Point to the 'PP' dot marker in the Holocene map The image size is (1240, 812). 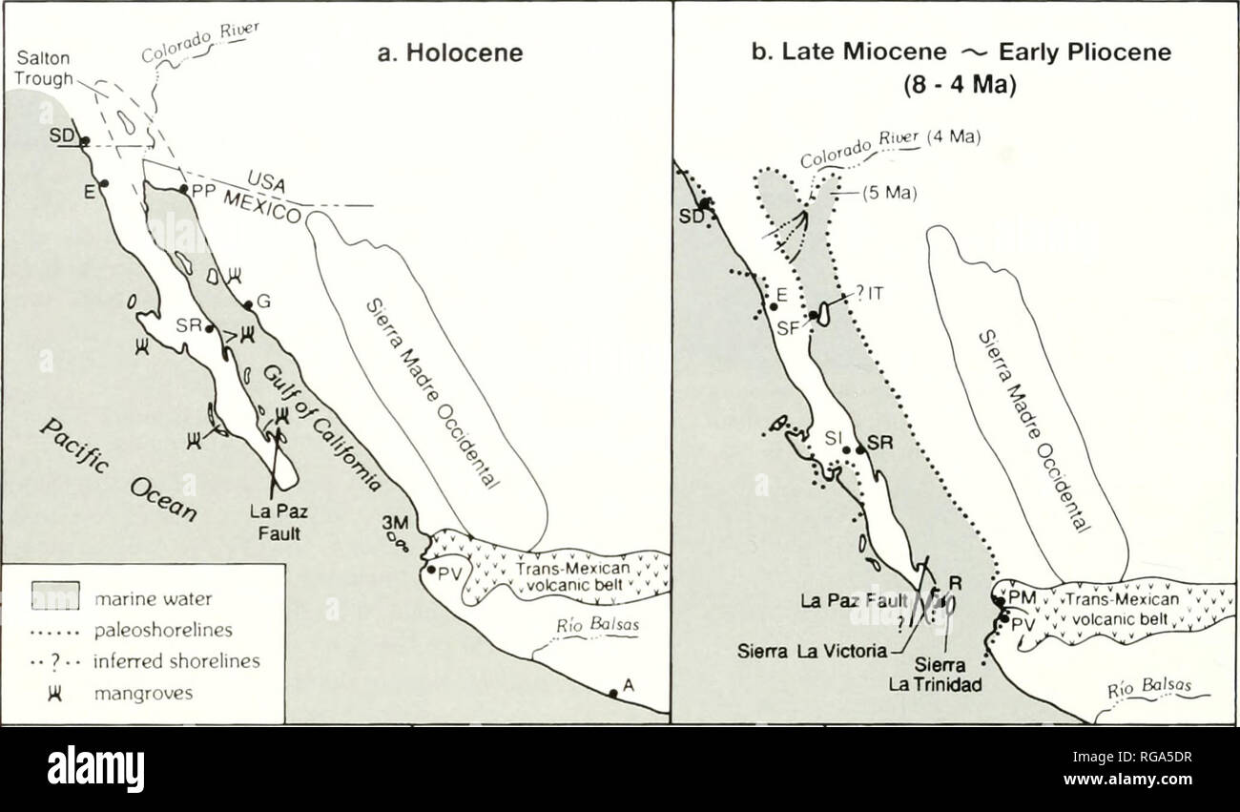(183, 189)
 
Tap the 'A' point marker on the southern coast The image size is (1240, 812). (611, 693)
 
